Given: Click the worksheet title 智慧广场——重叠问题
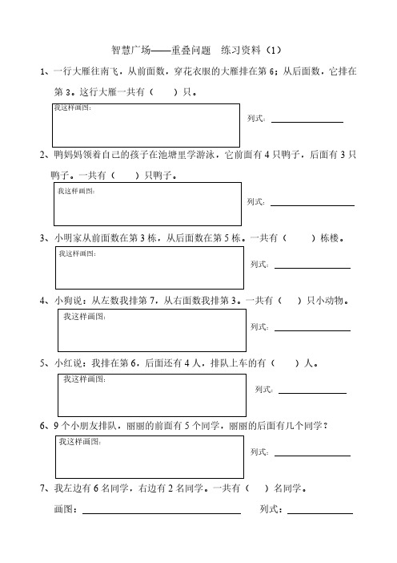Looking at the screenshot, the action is [x=161, y=50].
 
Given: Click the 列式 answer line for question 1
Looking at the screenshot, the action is [x=307, y=123].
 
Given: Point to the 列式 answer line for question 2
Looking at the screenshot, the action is [x=312, y=206].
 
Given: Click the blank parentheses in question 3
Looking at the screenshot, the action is [x=299, y=238].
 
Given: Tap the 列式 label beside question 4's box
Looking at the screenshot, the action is [x=259, y=326].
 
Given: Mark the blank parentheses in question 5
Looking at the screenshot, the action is [x=285, y=363].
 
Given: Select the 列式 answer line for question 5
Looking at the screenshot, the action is [x=312, y=393].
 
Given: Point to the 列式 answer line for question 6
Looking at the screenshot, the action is [x=312, y=456].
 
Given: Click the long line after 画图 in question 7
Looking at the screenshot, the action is [x=162, y=513].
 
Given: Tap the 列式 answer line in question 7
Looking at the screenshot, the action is [x=320, y=513].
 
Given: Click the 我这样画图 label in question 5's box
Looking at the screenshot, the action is [x=85, y=379].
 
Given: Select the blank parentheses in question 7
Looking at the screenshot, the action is [x=257, y=488].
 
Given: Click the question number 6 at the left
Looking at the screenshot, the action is [x=42, y=426].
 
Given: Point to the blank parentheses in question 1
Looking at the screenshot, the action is [x=163, y=92].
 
